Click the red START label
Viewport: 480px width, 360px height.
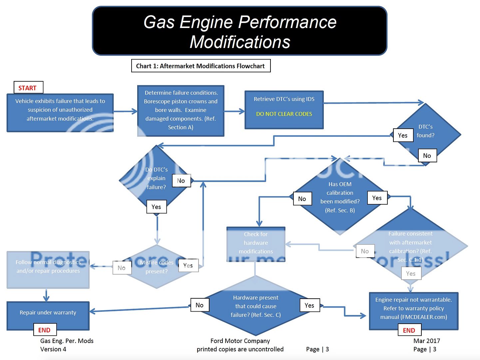[x=28, y=88]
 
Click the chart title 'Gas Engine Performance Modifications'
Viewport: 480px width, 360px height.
[x=240, y=31]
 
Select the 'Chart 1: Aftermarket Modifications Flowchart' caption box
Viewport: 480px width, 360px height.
[x=201, y=66]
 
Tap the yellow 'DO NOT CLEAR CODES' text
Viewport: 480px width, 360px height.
[x=284, y=114]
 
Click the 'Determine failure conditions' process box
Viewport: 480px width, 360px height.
[x=181, y=110]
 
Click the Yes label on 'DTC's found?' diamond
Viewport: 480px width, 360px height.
[x=403, y=135]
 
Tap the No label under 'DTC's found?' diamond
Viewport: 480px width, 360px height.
[x=427, y=156]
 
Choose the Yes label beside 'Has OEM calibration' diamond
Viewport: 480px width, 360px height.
[x=377, y=198]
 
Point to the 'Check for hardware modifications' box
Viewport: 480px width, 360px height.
[x=255, y=243]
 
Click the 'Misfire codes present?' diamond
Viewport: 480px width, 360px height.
[x=156, y=267]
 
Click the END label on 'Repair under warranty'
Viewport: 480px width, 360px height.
[x=44, y=330]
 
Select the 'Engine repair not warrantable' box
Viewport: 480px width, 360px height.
[x=413, y=308]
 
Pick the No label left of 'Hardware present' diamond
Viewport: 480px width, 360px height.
[x=200, y=305]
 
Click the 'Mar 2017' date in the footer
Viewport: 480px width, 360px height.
[x=426, y=341]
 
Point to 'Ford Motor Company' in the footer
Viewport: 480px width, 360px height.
[x=240, y=341]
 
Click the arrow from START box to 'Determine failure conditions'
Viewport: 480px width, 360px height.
[x=125, y=112]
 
